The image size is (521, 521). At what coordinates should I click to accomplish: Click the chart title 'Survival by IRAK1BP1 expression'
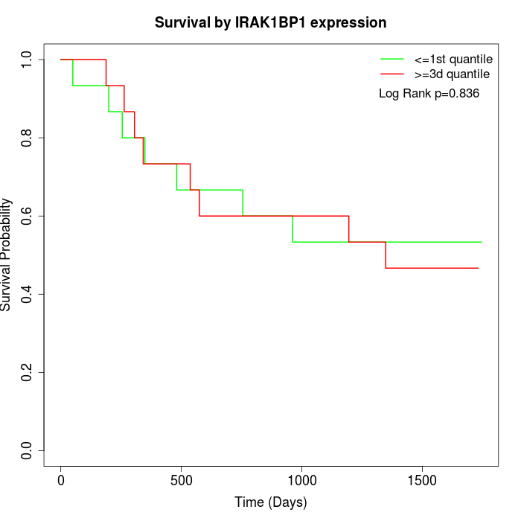[x=270, y=23]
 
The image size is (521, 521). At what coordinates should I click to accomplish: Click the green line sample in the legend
[x=392, y=58]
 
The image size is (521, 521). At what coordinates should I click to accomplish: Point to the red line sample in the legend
[x=392, y=74]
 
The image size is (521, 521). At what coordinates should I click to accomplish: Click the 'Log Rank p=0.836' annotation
[x=429, y=94]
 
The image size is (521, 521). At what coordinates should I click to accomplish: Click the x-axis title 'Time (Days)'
[x=270, y=502]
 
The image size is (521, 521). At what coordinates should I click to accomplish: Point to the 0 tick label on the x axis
[x=61, y=479]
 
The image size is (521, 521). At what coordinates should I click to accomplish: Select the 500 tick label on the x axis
[x=182, y=479]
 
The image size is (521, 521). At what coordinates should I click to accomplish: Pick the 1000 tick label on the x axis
[x=302, y=479]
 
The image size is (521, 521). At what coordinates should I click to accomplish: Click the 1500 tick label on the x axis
[x=422, y=479]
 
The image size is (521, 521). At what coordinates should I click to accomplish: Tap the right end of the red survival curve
[x=478, y=268]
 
